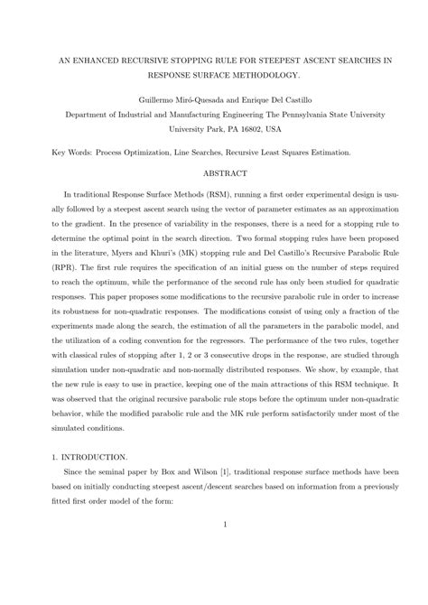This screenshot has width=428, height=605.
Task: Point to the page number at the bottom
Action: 214,577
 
